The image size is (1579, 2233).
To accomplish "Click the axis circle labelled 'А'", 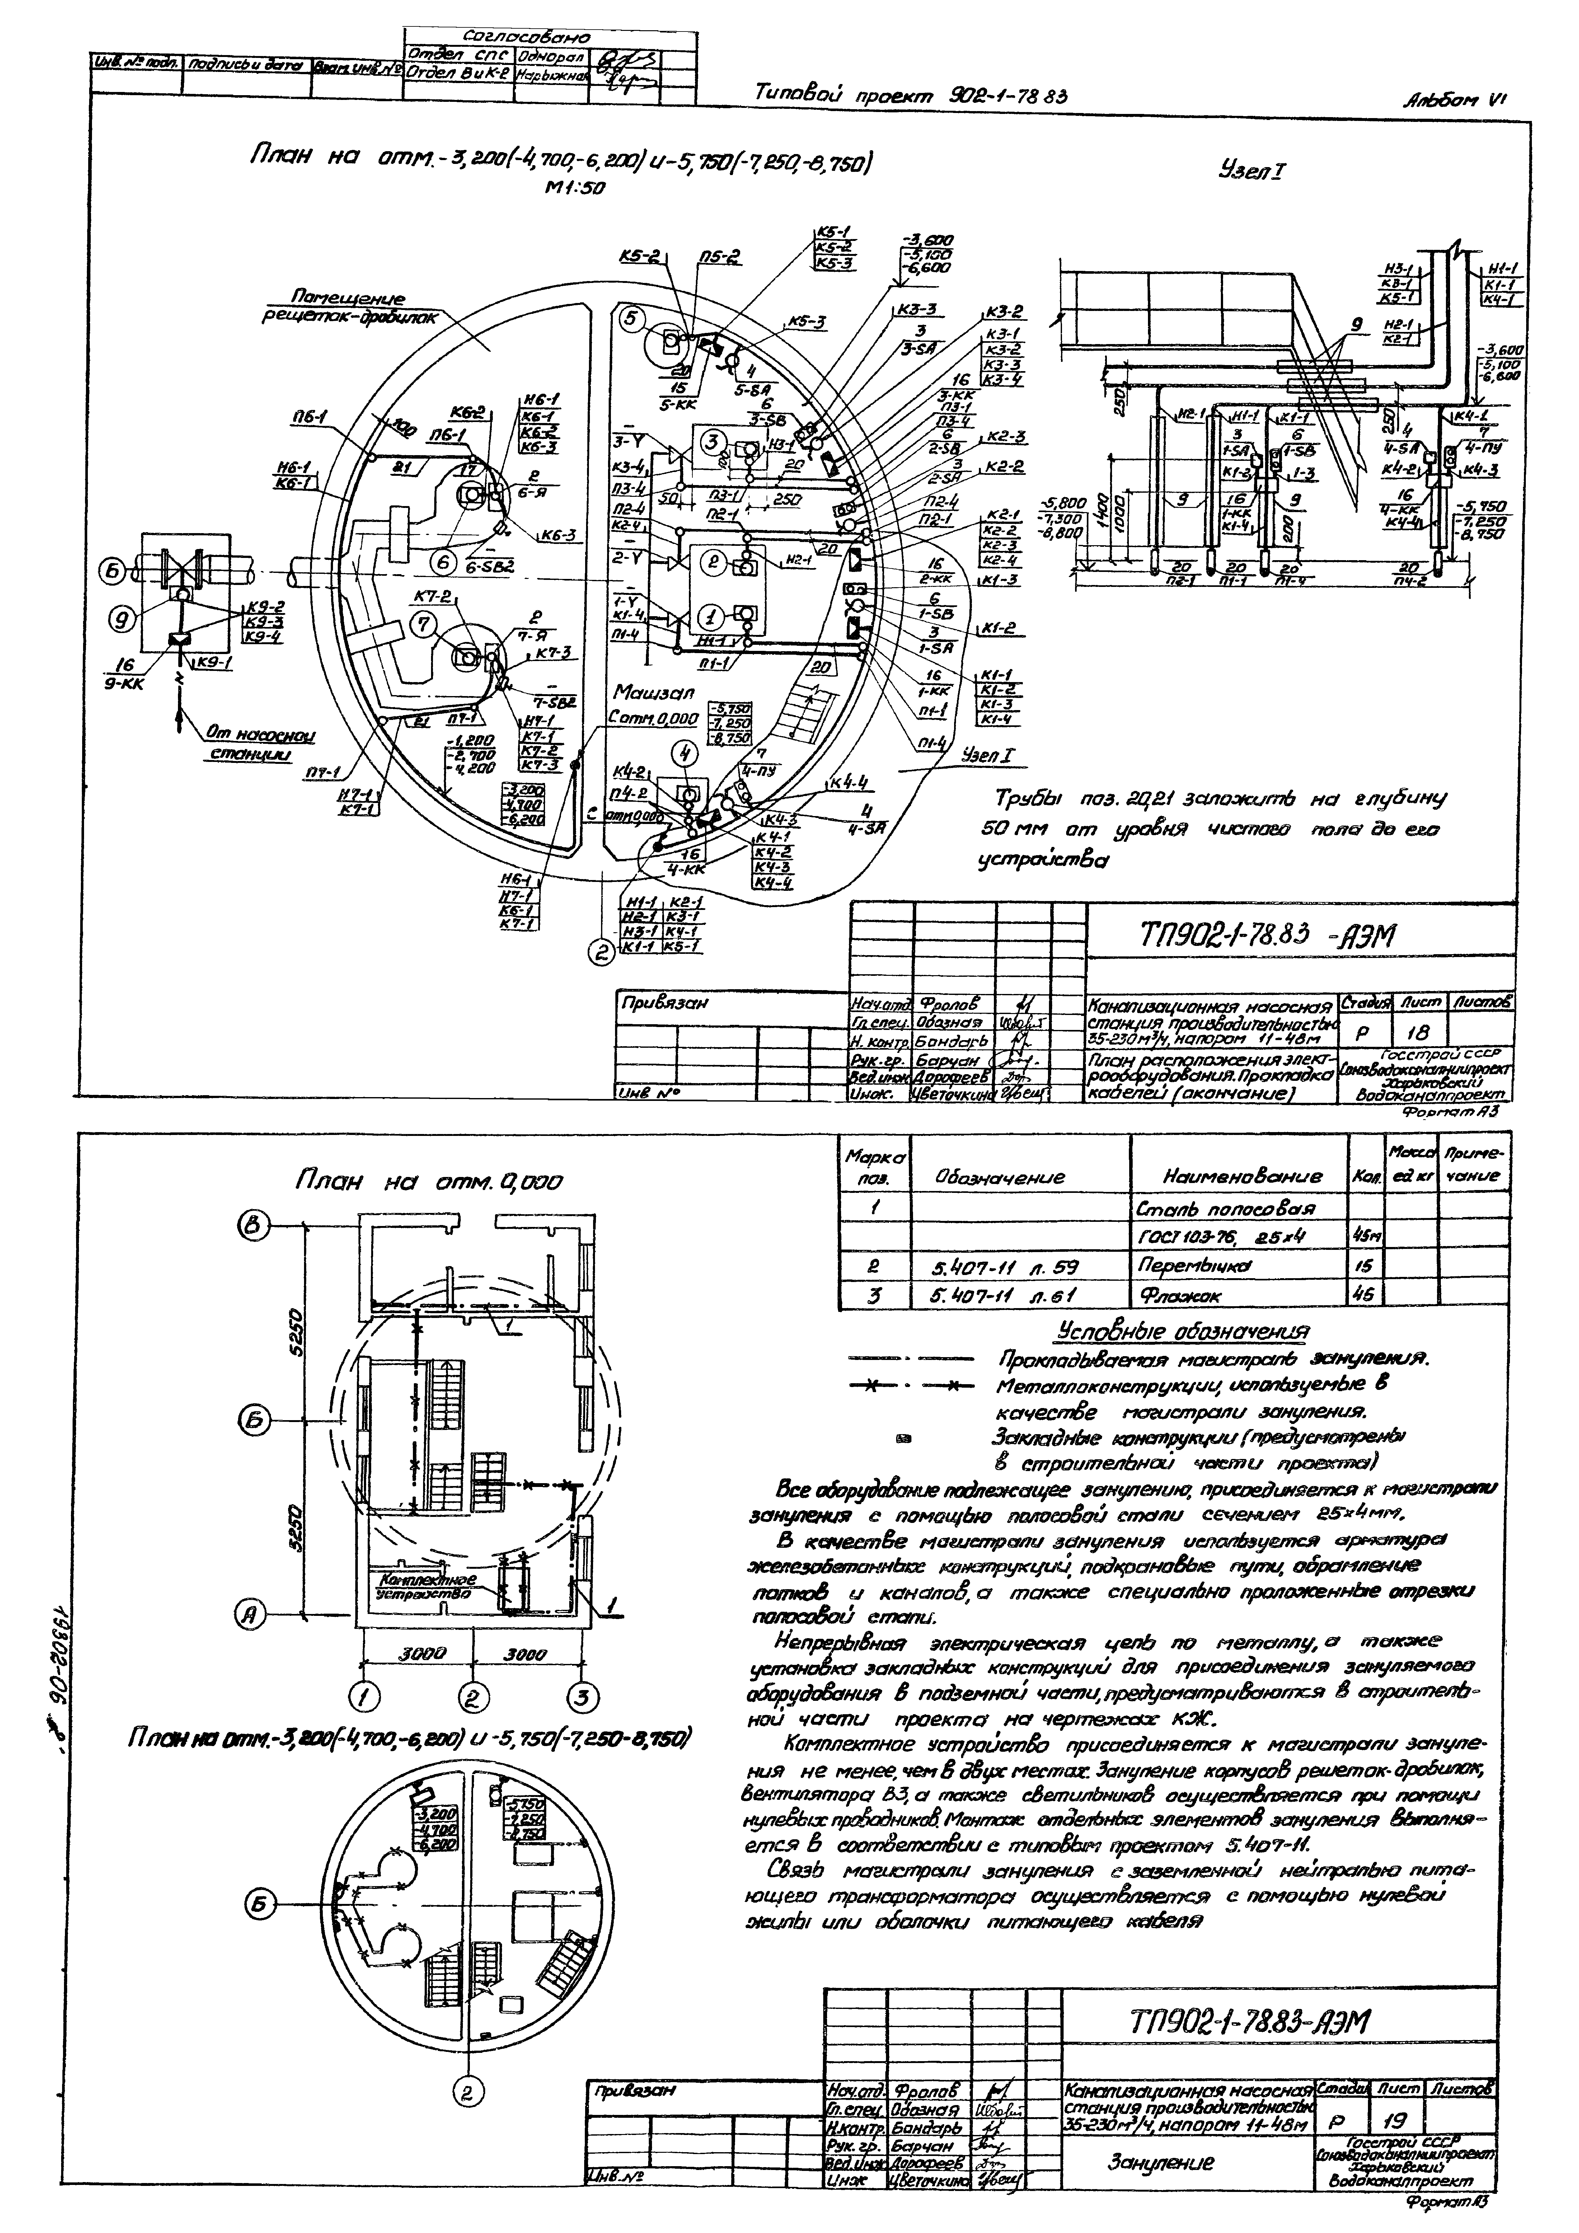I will click(x=251, y=1616).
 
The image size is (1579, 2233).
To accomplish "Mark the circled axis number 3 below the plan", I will click(x=582, y=1698).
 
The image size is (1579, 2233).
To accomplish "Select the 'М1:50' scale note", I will click(x=574, y=188).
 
